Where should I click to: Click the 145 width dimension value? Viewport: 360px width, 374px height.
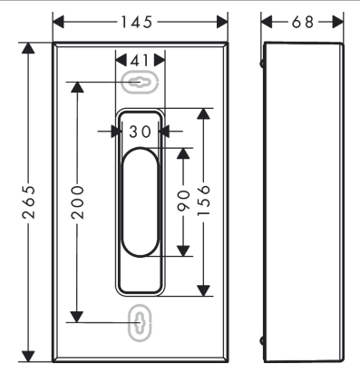click(137, 22)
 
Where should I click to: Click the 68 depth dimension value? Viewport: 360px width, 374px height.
click(303, 22)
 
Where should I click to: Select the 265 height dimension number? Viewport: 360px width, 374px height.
click(29, 202)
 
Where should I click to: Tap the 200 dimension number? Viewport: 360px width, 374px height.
click(77, 202)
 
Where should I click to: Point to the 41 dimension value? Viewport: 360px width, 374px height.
click(140, 60)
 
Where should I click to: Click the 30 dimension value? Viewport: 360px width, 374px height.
click(140, 132)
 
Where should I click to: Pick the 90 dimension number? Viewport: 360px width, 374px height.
click(183, 200)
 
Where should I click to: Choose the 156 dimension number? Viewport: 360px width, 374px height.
click(203, 200)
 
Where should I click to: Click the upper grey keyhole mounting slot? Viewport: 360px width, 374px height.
click(140, 82)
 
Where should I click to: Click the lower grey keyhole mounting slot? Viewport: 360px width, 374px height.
click(140, 323)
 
